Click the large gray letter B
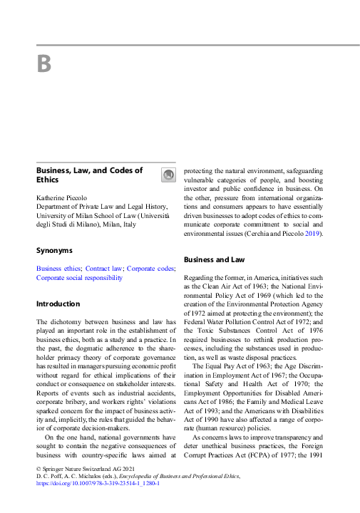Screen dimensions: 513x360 pyautogui.click(x=44, y=63)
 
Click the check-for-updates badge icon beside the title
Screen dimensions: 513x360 pyautogui.click(x=168, y=175)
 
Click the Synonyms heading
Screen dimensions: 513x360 pyautogui.click(x=54, y=250)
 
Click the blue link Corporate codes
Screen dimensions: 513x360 pyautogui.click(x=150, y=269)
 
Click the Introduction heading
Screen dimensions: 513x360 pyautogui.click(x=59, y=304)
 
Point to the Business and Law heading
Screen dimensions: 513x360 pyautogui.click(x=215, y=260)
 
